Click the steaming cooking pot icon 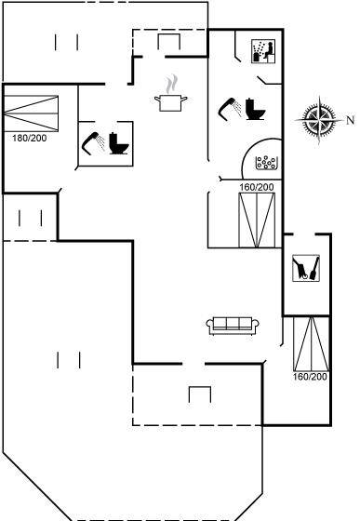171,94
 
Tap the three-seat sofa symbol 233,326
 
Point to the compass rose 319,120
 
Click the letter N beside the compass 351,120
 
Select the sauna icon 263,51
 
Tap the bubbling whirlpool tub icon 266,163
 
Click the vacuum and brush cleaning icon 306,268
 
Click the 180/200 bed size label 30,138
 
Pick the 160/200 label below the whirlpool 257,187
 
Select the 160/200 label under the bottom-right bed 310,377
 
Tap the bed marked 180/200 31,114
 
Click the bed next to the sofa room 312,343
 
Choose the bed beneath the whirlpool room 257,220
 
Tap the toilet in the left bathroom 118,143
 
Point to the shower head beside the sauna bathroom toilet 230,109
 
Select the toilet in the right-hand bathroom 255,109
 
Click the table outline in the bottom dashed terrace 200,394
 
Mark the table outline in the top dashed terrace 168,42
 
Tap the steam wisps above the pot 172,85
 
